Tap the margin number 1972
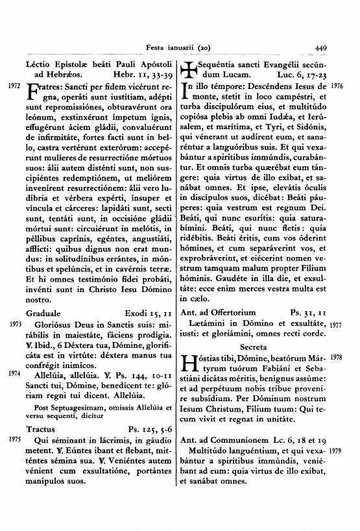click(x=13, y=86)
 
